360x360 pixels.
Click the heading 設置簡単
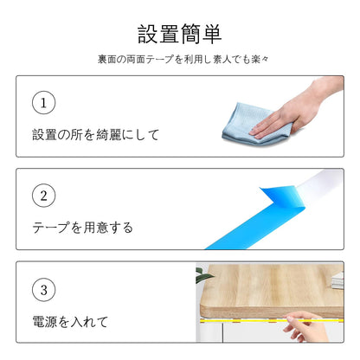tap(179, 34)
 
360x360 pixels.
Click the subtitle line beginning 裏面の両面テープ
tap(183, 60)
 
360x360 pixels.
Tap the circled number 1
tap(43, 103)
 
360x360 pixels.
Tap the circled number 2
tap(43, 196)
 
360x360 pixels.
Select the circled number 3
tap(43, 290)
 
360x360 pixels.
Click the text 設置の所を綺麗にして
tap(95, 135)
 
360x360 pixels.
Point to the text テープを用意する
tap(82, 228)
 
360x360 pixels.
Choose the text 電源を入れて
tap(70, 322)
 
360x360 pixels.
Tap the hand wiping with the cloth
tap(297, 110)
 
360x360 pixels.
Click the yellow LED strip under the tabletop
tap(271, 320)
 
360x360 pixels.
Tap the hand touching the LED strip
tap(305, 326)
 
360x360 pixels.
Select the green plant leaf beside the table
tap(202, 275)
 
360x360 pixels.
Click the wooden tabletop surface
tap(271, 288)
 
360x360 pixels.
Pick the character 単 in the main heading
tap(212, 34)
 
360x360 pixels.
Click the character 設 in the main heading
tap(147, 34)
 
